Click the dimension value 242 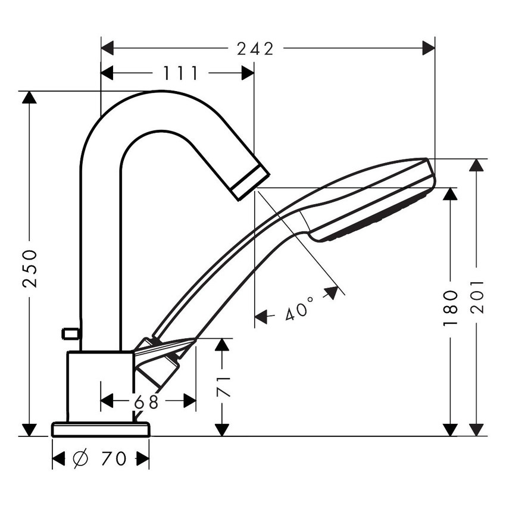[255, 49]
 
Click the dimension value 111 [181, 73]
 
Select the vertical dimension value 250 [30, 268]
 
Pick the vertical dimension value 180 [451, 310]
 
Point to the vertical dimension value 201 [477, 297]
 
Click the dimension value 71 [223, 386]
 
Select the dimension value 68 [146, 402]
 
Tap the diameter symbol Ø [80, 459]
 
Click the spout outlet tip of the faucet [250, 183]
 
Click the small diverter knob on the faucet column [71, 333]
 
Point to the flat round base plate [101, 429]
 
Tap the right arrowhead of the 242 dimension [429, 49]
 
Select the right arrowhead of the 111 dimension [248, 73]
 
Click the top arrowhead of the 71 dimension [223, 345]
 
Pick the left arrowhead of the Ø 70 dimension [59, 459]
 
